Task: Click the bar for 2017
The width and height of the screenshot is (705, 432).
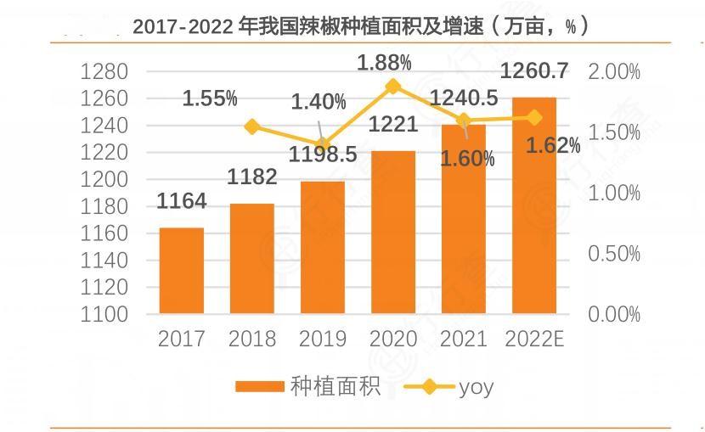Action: pyautogui.click(x=182, y=271)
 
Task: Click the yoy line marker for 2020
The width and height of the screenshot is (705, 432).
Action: pyautogui.click(x=393, y=86)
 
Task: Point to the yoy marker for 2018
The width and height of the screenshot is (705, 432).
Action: pyautogui.click(x=252, y=127)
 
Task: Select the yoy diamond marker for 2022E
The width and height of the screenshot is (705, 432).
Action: pyautogui.click(x=534, y=117)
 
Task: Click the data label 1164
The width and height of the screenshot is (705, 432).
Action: pyautogui.click(x=182, y=202)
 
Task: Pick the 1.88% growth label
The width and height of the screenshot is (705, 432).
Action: pyautogui.click(x=384, y=62)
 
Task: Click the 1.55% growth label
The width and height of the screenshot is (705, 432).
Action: pyautogui.click(x=210, y=98)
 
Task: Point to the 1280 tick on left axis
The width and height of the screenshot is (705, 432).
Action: pyautogui.click(x=104, y=72)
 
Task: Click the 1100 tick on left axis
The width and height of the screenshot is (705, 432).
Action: pyautogui.click(x=104, y=315)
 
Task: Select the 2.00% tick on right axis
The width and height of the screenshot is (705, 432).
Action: pyautogui.click(x=613, y=72)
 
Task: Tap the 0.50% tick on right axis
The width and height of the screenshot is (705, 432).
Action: pyautogui.click(x=613, y=254)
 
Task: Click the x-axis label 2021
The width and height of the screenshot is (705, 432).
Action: pyautogui.click(x=464, y=339)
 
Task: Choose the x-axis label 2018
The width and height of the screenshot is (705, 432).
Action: pyautogui.click(x=252, y=339)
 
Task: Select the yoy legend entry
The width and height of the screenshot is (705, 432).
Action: pyautogui.click(x=476, y=387)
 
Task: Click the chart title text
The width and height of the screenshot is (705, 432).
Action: pyautogui.click(x=360, y=26)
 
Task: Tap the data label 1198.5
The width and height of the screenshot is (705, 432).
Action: pyautogui.click(x=323, y=154)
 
